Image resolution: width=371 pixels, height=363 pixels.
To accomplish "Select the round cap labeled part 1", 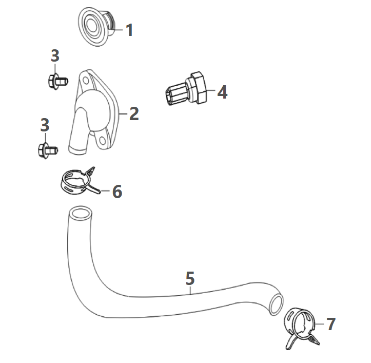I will coord(96,27).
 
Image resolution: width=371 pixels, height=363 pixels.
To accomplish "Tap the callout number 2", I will coord(133,113).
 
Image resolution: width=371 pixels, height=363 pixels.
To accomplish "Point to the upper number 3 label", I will coord(55,56).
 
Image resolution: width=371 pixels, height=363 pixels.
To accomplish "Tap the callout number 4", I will coord(221,92).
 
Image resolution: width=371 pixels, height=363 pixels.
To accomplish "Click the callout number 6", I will coord(117,192).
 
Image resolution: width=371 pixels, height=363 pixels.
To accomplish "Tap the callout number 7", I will coord(330,324).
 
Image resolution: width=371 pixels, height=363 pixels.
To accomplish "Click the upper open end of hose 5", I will coord(79,213).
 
